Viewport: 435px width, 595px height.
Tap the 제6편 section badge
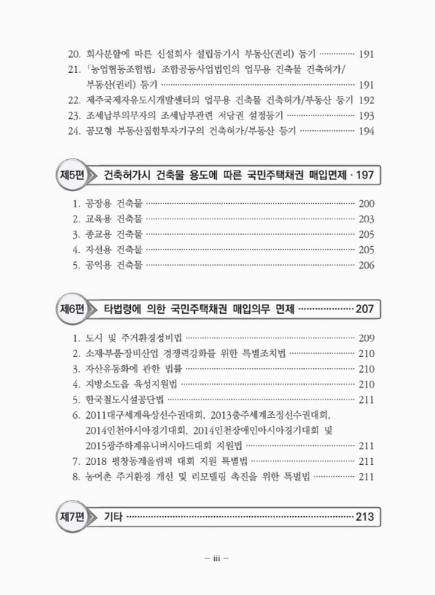tap(72, 309)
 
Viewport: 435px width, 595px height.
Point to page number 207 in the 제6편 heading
tap(365, 309)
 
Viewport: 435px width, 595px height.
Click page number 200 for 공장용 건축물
tap(367, 204)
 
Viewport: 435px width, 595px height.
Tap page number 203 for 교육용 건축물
tap(367, 219)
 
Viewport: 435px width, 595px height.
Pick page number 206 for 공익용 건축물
tap(367, 266)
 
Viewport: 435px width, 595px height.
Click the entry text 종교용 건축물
tap(112, 235)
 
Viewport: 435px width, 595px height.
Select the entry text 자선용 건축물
tap(112, 250)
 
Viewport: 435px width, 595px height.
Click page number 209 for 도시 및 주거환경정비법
tap(367, 338)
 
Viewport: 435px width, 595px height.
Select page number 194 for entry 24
tap(367, 131)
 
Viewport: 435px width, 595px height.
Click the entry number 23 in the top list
tap(72, 115)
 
